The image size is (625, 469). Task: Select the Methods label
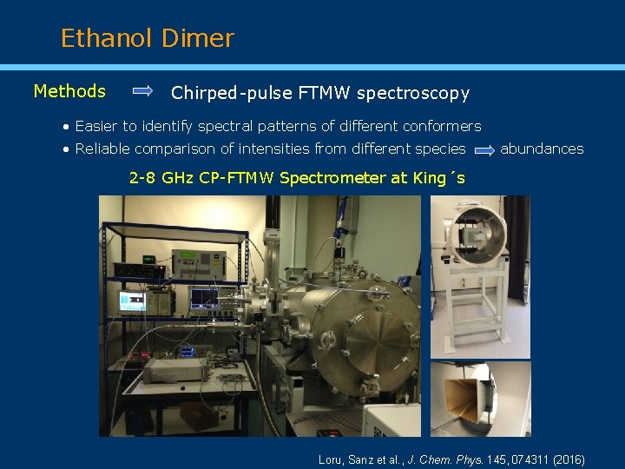[69, 91]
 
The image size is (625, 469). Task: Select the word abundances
[542, 149]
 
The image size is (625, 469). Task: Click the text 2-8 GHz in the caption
[162, 178]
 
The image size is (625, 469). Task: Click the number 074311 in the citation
[517, 459]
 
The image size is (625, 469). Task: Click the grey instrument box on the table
[174, 371]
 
